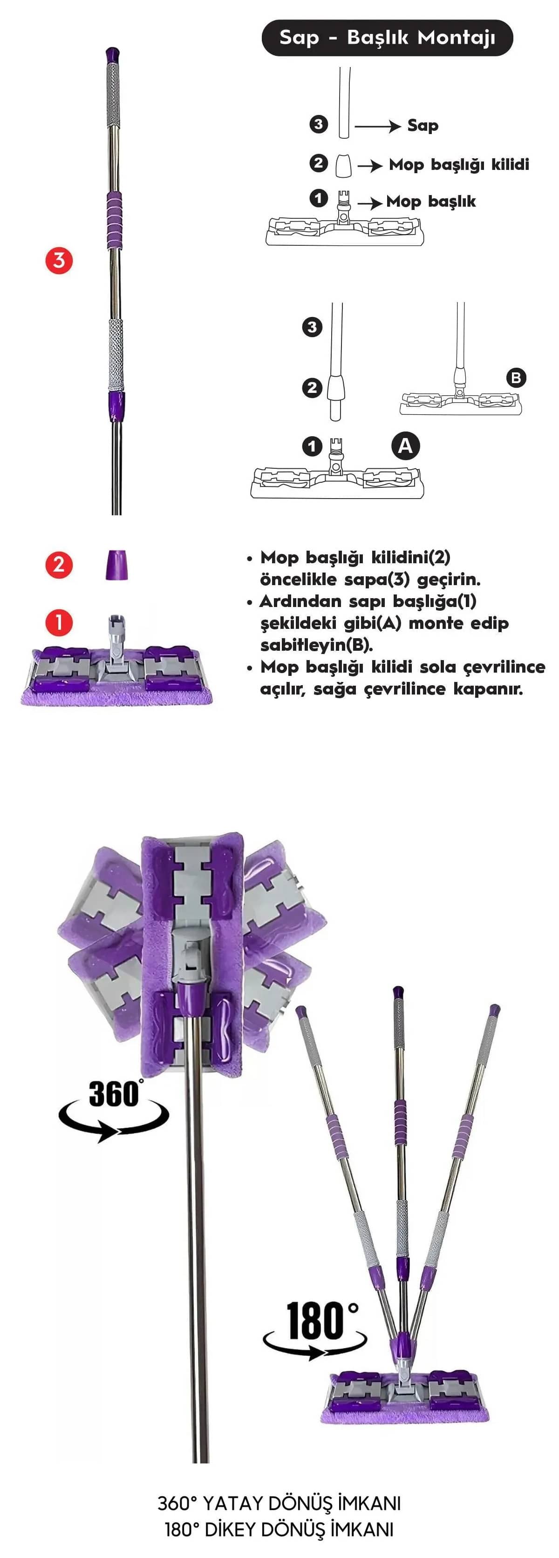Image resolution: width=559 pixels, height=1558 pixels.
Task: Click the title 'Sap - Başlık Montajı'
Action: click(387, 38)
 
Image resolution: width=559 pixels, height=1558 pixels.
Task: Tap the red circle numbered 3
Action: click(59, 261)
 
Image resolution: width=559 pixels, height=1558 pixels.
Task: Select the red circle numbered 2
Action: click(59, 565)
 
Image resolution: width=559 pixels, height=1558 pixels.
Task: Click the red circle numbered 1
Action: click(59, 623)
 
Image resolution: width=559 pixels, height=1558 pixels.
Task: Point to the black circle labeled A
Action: click(405, 446)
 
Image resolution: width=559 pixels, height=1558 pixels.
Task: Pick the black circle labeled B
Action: click(516, 378)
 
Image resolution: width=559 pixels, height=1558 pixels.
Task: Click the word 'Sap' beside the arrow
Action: click(423, 126)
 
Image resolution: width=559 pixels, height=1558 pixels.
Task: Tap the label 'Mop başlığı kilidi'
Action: click(459, 164)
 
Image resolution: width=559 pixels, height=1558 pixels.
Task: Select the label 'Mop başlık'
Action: click(431, 202)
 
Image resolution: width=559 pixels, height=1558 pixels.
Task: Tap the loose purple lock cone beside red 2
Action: click(116, 565)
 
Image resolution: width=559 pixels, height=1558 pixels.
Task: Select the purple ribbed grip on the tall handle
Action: click(114, 220)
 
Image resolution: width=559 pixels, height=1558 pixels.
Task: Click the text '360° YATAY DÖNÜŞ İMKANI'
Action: click(279, 1504)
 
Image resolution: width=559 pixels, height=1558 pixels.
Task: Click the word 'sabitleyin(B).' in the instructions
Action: click(316, 645)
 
